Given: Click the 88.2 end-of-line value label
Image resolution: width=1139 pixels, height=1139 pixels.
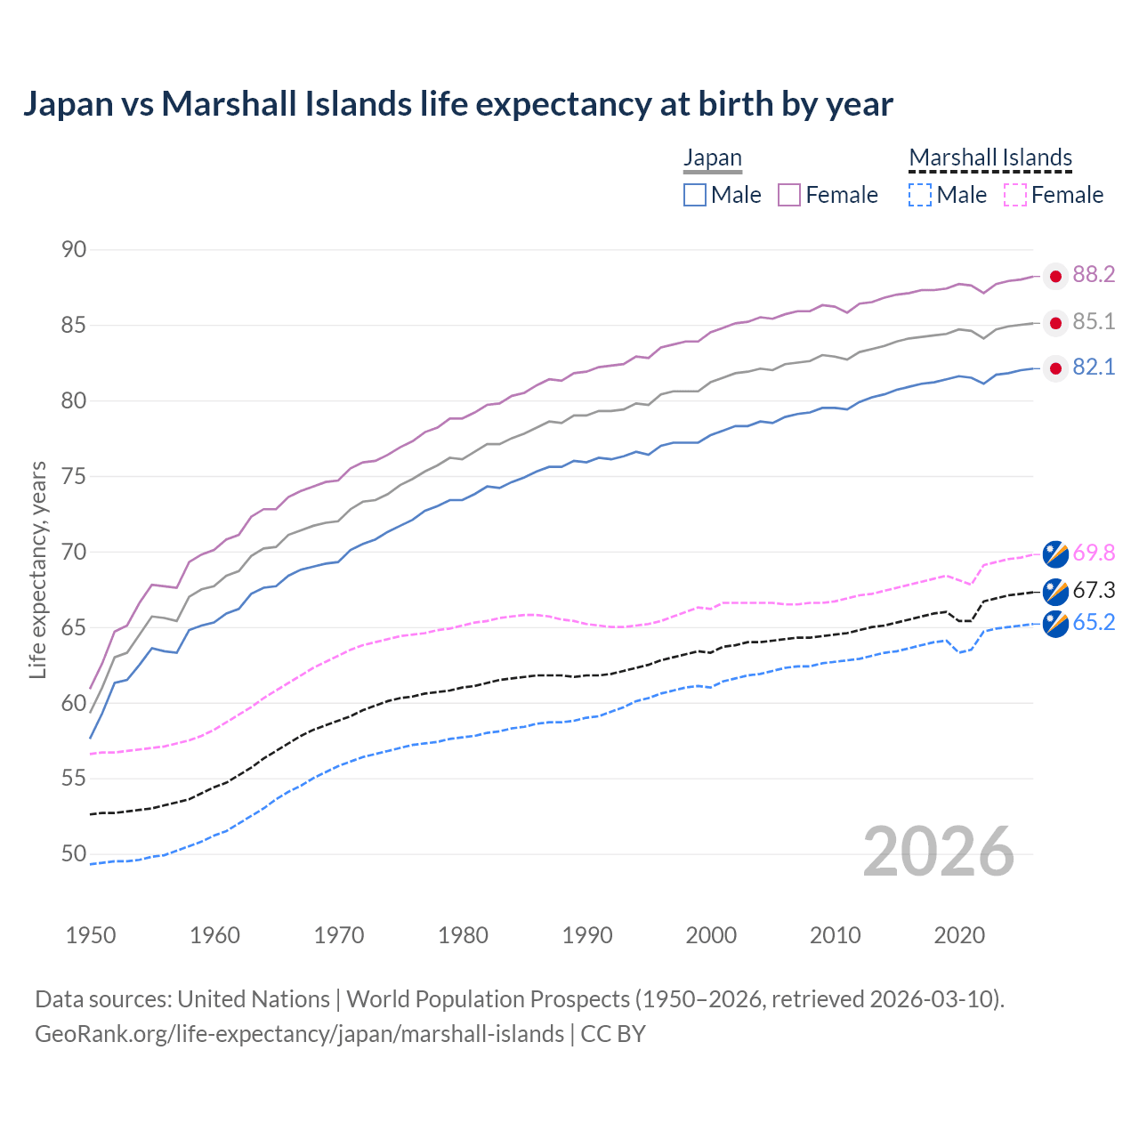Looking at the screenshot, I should click(1094, 275).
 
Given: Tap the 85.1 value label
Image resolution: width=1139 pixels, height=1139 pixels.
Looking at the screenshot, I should click(1094, 321).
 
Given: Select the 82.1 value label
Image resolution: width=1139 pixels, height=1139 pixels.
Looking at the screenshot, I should click(1094, 368).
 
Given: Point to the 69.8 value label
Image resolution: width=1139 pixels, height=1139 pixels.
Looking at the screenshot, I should click(1094, 553).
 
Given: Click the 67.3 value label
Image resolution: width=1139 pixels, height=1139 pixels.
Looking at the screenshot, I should click(1094, 590).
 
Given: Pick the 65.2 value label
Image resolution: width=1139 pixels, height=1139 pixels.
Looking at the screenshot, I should click(1094, 623).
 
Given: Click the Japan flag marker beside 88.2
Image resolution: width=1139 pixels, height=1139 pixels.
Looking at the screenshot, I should click(1055, 277).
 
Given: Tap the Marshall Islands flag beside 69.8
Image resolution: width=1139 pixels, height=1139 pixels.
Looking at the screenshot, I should click(1055, 553).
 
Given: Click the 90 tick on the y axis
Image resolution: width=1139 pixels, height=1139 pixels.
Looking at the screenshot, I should click(74, 250).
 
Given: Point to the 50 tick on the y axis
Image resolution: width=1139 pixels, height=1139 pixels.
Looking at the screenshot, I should click(74, 854).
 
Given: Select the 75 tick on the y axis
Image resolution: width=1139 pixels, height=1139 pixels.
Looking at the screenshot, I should click(74, 476).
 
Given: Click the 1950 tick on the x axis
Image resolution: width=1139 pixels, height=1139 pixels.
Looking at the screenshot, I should click(91, 935).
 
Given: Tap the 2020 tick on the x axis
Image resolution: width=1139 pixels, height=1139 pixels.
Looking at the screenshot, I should click(959, 935).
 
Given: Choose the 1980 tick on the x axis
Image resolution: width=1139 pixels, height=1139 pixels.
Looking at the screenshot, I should click(463, 935).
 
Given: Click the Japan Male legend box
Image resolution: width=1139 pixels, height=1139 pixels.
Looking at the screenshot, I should click(695, 195).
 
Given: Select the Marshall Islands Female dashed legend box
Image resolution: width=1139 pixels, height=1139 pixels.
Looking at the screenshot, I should click(1015, 195).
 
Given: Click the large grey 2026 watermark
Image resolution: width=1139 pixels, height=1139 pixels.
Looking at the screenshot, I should click(939, 852).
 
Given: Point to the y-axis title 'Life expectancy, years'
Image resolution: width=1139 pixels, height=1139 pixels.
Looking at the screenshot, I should click(37, 569).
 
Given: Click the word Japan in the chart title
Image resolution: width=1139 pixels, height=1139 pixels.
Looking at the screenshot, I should click(68, 104).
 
